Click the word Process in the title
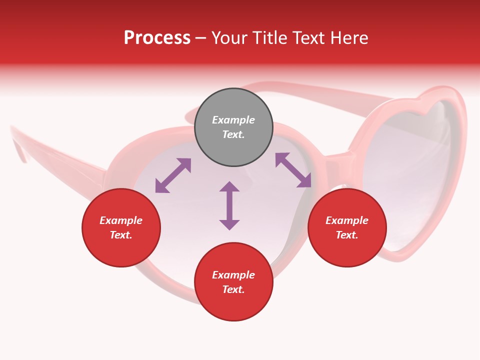tap(157, 38)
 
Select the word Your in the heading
tap(230, 38)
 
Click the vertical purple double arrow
tap(229, 205)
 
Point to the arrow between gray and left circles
tap(173, 175)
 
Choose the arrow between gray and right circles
tap(293, 170)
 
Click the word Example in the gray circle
tap(233, 120)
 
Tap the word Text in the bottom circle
tap(232, 289)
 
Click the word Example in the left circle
tap(121, 220)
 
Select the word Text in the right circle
tap(345, 235)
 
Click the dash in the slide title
tap(201, 38)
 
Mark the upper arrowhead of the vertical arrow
tap(229, 187)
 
